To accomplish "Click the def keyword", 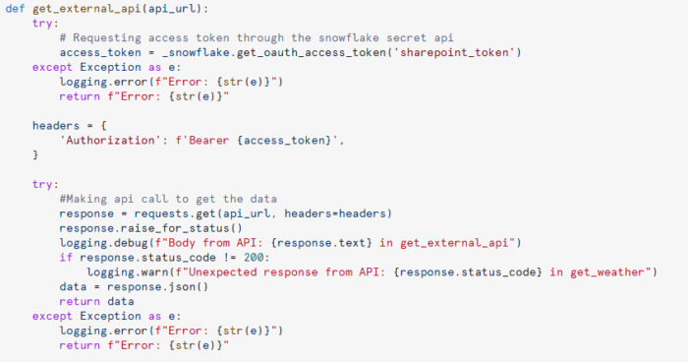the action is coord(15,9).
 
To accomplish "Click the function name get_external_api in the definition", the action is coord(86,9).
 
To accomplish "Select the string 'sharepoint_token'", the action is coord(454,53).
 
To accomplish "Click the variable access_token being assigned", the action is coord(100,53).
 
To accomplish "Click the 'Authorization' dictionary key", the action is coord(107,141).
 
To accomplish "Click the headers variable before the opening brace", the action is coord(56,126).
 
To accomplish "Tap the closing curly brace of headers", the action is coord(35,155).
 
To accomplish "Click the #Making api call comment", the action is coord(168,199).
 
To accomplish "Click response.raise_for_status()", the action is coord(151,228).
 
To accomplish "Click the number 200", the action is coord(254,258).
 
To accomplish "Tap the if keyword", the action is coord(66,258).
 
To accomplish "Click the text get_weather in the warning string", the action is coord(607,272).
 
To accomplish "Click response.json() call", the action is coord(157,287).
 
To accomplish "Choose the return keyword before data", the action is coord(80,302).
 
